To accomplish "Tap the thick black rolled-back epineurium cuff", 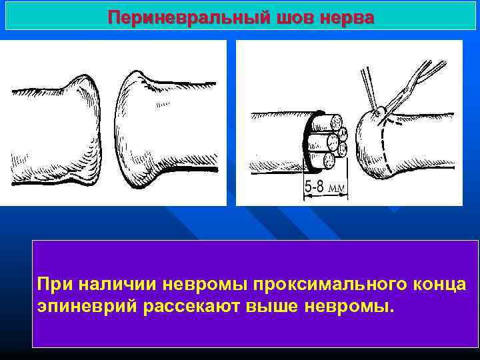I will (x=307, y=143).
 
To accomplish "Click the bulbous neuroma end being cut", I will (x=373, y=143).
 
